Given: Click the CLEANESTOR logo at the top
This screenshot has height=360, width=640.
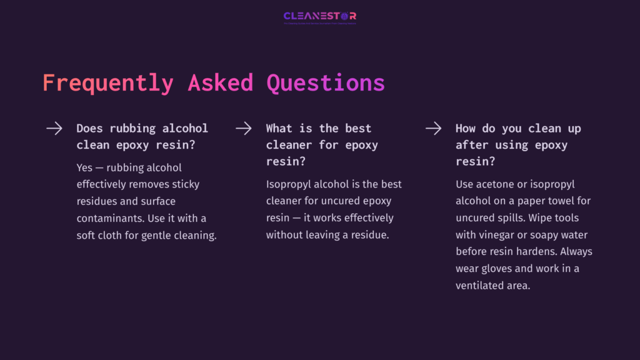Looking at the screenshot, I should [x=319, y=16].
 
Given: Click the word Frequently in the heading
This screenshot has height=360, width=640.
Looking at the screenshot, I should [x=107, y=83].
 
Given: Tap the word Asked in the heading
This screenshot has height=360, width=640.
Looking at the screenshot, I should [x=220, y=83].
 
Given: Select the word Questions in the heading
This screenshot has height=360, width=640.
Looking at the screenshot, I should [x=326, y=83].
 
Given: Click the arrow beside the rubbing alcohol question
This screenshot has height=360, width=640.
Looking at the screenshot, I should [x=54, y=129].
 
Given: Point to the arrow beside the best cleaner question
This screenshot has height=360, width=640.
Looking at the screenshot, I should [x=244, y=129].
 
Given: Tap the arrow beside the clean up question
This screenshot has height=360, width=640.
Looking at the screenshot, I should [x=433, y=129].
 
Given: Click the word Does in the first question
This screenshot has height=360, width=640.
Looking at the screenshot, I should [x=90, y=128].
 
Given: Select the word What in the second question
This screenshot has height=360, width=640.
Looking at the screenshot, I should [x=279, y=128].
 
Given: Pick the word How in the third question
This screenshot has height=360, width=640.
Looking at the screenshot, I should [x=466, y=128].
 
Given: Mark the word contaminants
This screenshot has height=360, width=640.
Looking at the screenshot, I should [x=112, y=219].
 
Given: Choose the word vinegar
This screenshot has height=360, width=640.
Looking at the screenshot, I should [x=500, y=235].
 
